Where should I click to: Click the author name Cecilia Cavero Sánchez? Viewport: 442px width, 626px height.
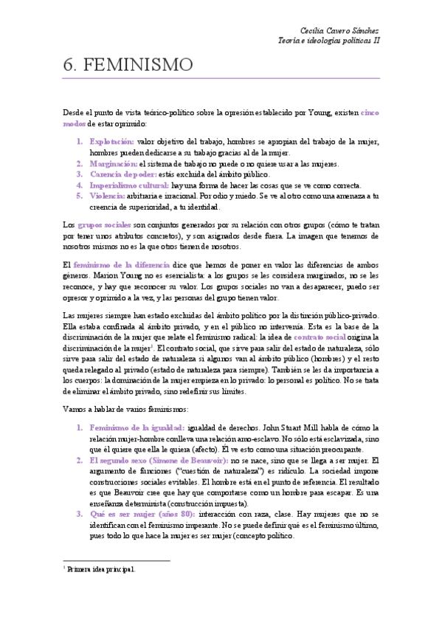click(x=340, y=30)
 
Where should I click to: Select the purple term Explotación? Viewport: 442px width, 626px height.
click(x=111, y=141)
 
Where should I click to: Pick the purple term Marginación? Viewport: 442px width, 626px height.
click(x=113, y=163)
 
